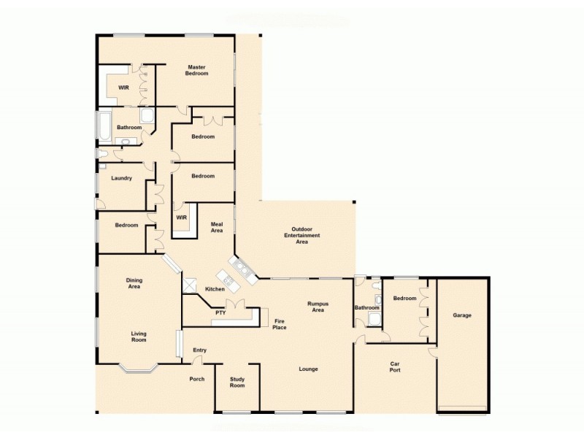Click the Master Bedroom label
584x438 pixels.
click(197, 70)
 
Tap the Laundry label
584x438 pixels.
click(121, 178)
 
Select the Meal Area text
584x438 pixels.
click(217, 228)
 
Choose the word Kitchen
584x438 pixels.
click(215, 290)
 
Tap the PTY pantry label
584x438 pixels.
click(220, 313)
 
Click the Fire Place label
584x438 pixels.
click(280, 324)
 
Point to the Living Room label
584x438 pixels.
click(139, 337)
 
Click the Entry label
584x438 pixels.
click(199, 350)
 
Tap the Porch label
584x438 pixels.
click(197, 379)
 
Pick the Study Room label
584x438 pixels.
click(237, 382)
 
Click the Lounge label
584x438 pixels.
click(308, 369)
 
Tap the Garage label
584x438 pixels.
click(461, 315)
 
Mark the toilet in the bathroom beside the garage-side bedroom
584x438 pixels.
click(377, 300)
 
